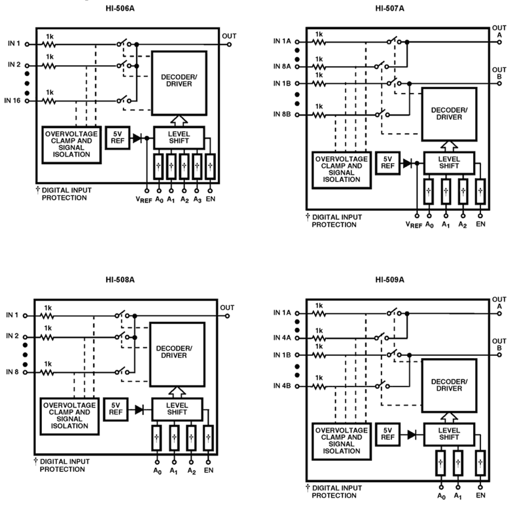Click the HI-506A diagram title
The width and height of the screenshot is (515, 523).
coord(120,8)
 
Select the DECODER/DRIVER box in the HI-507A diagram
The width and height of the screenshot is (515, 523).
coord(449,114)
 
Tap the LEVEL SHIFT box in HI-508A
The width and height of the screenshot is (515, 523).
coord(177,409)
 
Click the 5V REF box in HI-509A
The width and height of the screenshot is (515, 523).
coord(387,434)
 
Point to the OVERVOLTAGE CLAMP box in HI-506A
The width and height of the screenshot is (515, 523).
coord(71,144)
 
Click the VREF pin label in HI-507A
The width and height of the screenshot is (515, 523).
coord(414,225)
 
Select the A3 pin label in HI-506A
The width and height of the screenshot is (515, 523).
coord(197,200)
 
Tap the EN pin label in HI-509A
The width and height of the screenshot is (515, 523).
coord(481,496)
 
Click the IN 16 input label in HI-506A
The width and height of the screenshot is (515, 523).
coord(12,100)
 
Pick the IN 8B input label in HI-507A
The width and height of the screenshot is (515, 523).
coord(282,114)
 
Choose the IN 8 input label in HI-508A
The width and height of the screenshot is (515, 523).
coord(12,372)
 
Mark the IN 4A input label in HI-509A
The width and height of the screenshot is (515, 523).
coord(282,338)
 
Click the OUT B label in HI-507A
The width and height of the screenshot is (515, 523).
coord(499,73)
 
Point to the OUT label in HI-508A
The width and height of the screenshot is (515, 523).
coord(227,307)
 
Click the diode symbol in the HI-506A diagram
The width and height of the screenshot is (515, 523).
coord(137,139)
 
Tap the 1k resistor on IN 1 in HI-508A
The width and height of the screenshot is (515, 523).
coord(48,316)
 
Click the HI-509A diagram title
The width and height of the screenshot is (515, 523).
coord(390,280)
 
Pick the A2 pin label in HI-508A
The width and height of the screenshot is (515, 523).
coord(191,471)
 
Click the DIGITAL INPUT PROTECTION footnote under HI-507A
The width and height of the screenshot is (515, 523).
coord(334,221)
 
